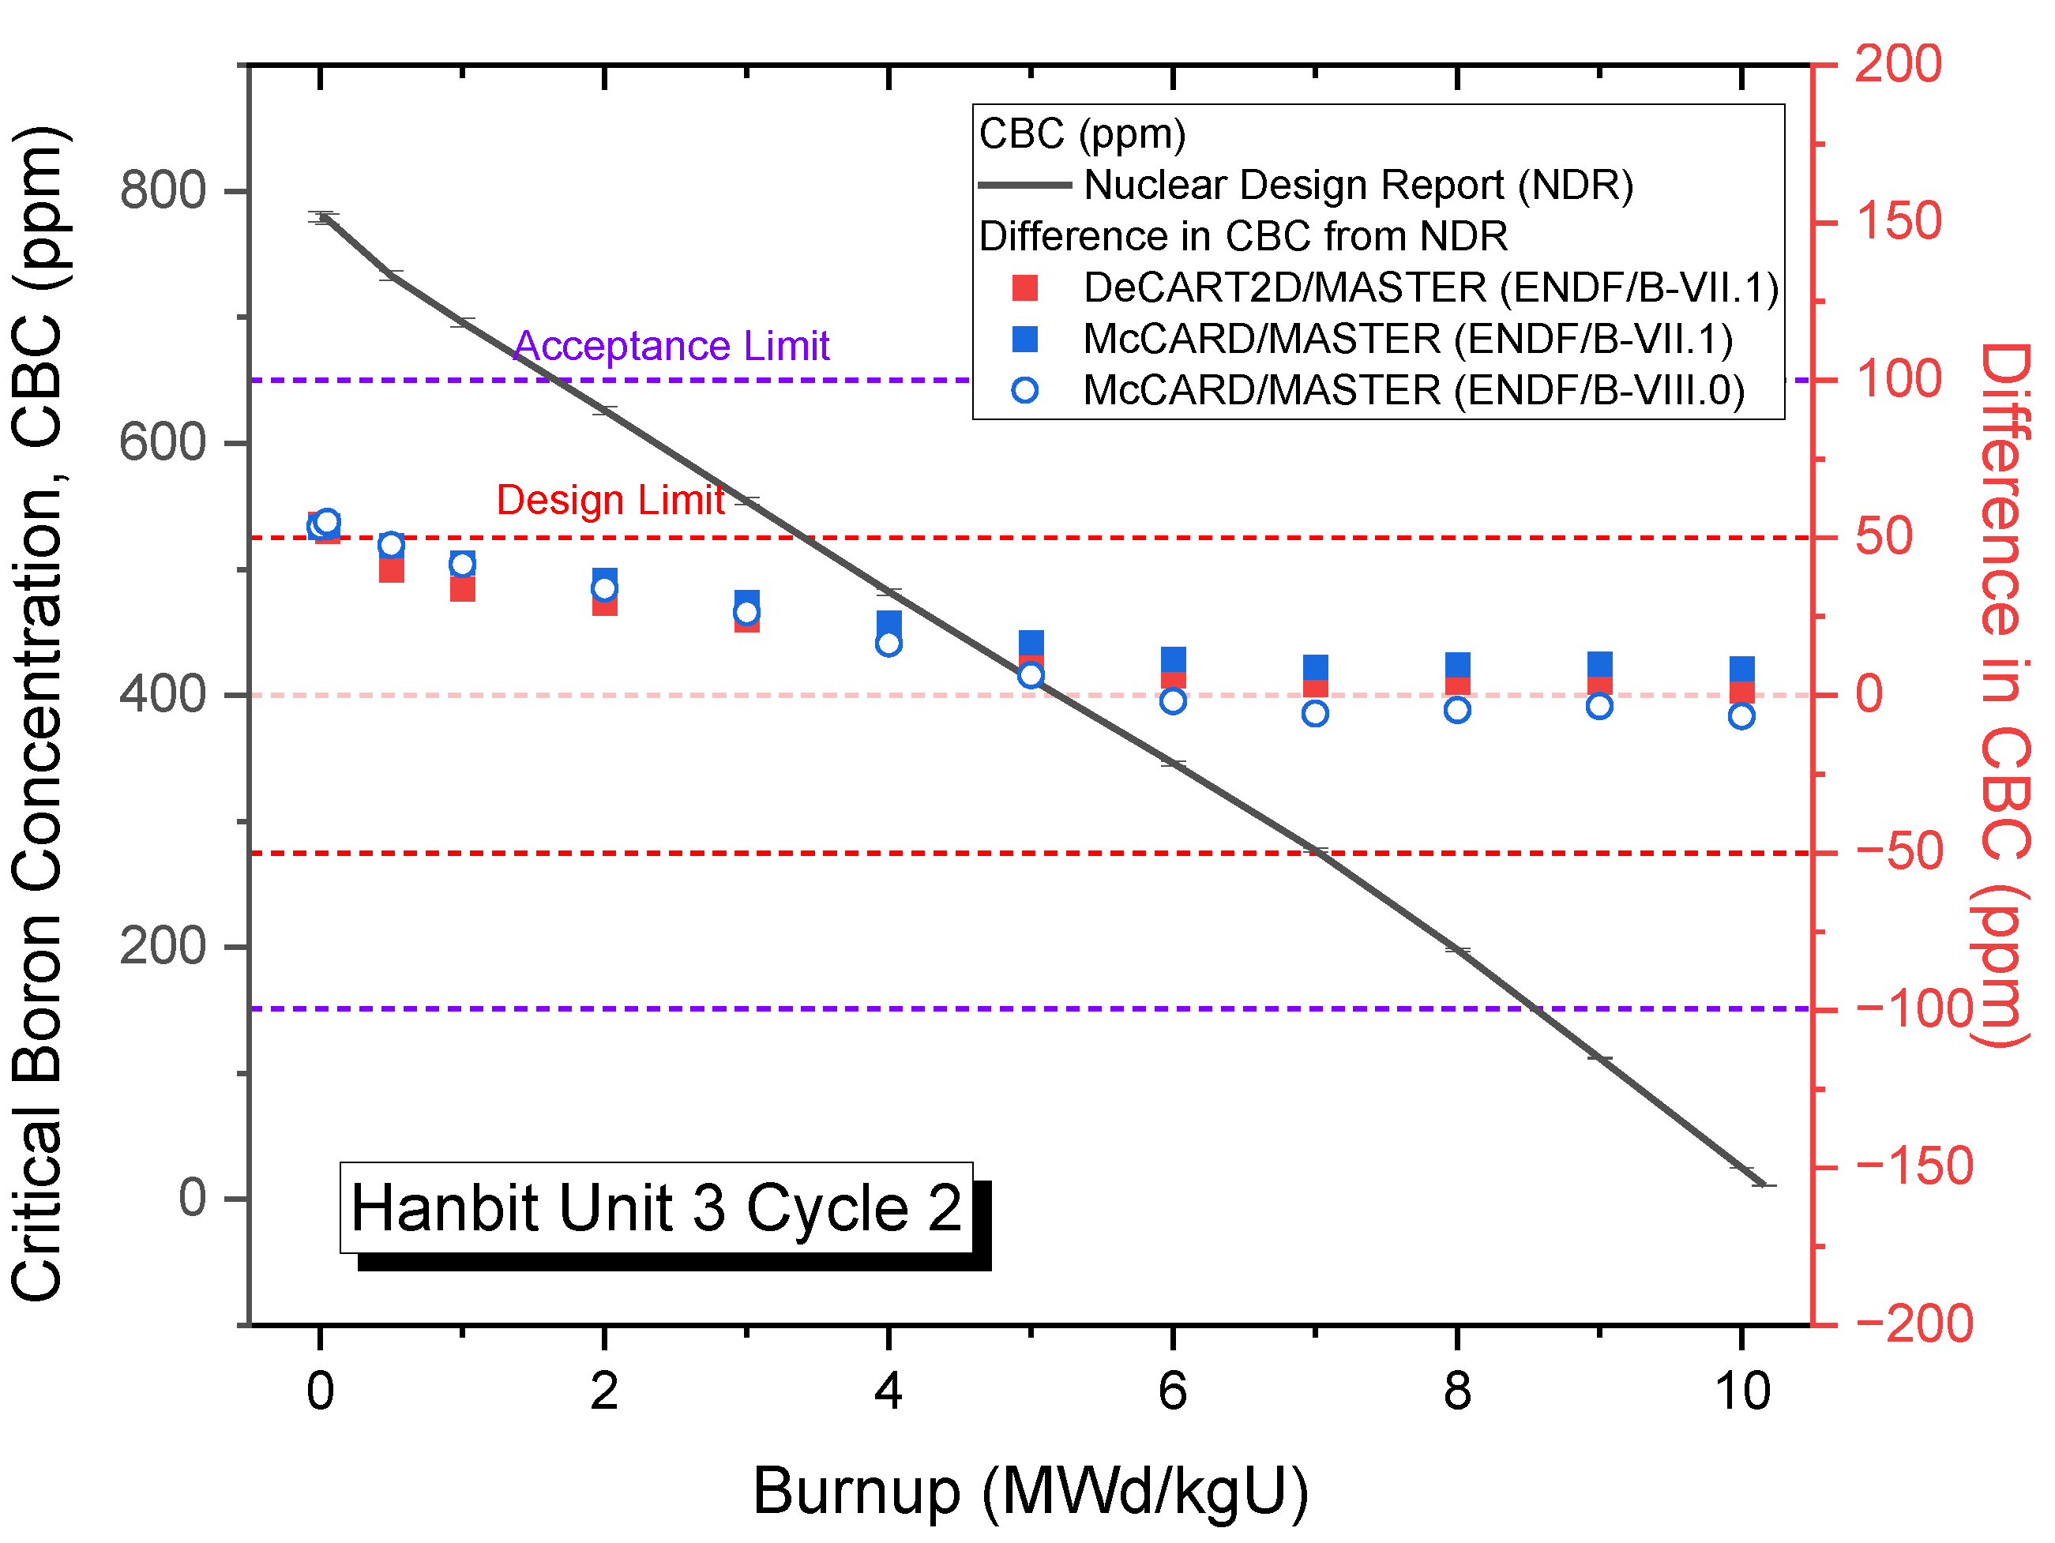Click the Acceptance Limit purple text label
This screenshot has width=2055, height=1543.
(x=671, y=346)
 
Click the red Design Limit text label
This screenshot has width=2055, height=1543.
(x=610, y=500)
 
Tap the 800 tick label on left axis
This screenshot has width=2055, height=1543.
(x=163, y=190)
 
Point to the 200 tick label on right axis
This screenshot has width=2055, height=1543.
(x=1897, y=64)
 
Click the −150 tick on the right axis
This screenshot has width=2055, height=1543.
(x=1914, y=1167)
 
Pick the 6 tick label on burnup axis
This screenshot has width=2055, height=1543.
(x=1173, y=1391)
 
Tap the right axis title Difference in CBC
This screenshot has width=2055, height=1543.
(x=2004, y=695)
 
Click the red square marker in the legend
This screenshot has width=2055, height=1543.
(x=1024, y=288)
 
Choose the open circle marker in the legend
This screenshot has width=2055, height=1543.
(x=1024, y=390)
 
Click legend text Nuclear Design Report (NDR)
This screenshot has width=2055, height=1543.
(x=1358, y=185)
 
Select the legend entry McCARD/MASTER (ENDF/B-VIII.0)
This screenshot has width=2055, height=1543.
(x=1413, y=390)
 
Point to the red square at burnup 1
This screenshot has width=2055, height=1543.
(x=463, y=590)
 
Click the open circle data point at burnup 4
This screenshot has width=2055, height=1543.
(x=889, y=644)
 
